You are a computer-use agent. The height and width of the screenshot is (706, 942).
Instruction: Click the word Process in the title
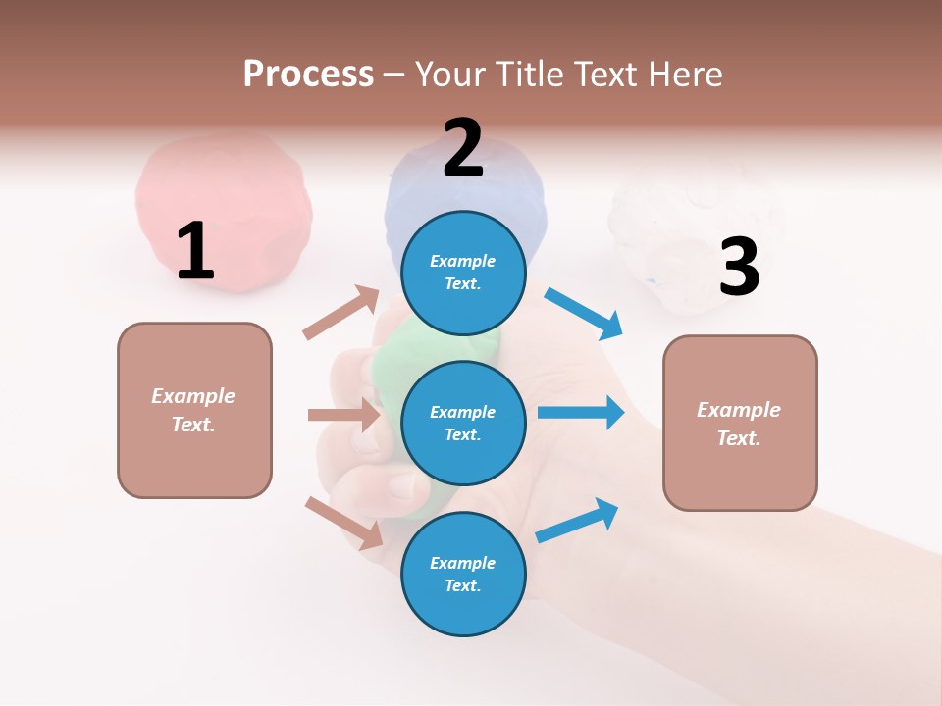[x=308, y=74]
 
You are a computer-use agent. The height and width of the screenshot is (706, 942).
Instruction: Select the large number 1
[x=195, y=251]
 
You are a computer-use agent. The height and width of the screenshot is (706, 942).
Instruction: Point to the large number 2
[x=462, y=148]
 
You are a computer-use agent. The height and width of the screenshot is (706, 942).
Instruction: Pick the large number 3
[x=739, y=268]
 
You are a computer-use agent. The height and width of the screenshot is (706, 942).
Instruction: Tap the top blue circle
[x=463, y=273]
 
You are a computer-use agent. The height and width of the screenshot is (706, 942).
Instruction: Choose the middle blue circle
[x=463, y=423]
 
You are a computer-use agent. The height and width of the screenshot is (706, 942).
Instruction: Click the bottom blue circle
[x=463, y=574]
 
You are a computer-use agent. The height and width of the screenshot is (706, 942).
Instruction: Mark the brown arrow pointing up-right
[x=341, y=313]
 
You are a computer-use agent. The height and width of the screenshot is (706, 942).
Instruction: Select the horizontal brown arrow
[x=343, y=415]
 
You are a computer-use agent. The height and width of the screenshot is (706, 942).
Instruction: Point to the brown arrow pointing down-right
[x=344, y=522]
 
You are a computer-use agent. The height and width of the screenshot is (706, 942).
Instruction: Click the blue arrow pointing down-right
[x=585, y=314]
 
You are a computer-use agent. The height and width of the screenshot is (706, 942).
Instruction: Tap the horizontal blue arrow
[x=581, y=413]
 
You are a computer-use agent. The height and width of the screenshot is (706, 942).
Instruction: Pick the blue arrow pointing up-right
[x=578, y=520]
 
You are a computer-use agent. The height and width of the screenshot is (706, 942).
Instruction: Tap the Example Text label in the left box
[x=193, y=410]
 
